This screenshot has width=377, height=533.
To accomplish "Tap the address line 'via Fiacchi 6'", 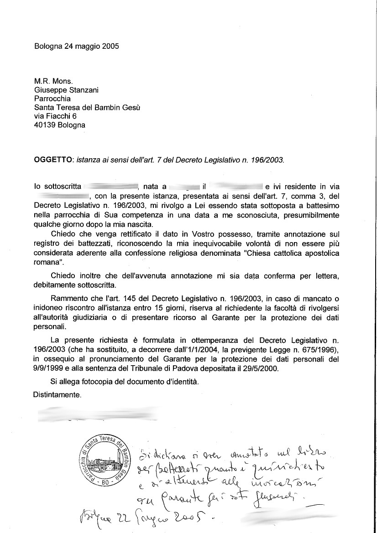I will tap(55, 116).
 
